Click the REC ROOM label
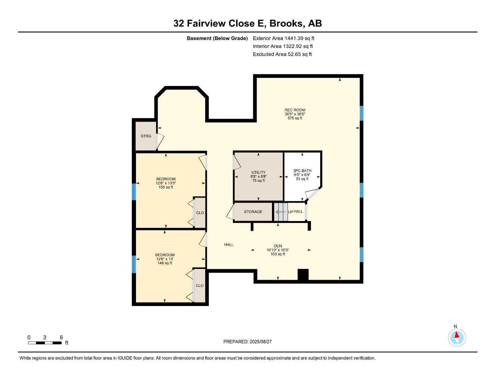295,110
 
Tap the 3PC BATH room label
302,171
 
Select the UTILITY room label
258,172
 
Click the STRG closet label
146,136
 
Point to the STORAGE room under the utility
253,212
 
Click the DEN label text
278,246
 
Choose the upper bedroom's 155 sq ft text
165,187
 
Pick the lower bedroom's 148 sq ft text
165,263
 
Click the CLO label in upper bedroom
200,213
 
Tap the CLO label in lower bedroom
199,285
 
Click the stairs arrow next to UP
281,212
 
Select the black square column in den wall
303,275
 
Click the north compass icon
457,337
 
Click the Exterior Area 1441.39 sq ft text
284,38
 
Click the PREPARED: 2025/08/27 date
247,341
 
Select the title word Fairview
205,24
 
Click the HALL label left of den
229,245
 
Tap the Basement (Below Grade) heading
217,38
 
